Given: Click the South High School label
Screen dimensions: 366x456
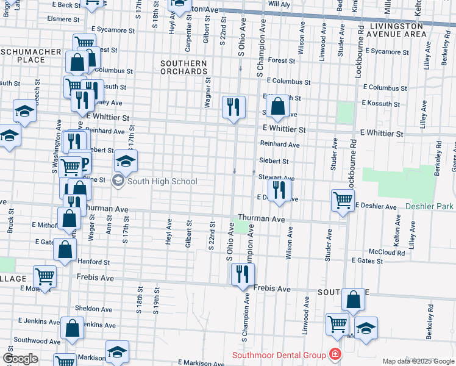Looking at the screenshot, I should point(163,181).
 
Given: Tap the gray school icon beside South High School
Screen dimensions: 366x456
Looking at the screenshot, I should point(118,181).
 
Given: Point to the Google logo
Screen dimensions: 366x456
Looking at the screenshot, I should point(20,359).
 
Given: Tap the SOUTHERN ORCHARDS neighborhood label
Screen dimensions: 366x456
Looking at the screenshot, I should point(184,67).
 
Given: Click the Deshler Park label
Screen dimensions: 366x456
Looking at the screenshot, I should point(430,207).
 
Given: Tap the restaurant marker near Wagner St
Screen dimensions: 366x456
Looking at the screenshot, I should point(233,107).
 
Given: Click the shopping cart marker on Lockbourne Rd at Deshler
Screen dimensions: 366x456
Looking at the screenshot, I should point(343,199).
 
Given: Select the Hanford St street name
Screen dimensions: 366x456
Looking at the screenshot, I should point(93,262).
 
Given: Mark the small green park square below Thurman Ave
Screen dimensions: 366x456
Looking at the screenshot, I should point(243,228).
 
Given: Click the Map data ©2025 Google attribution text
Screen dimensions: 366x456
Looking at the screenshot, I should point(418,361).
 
